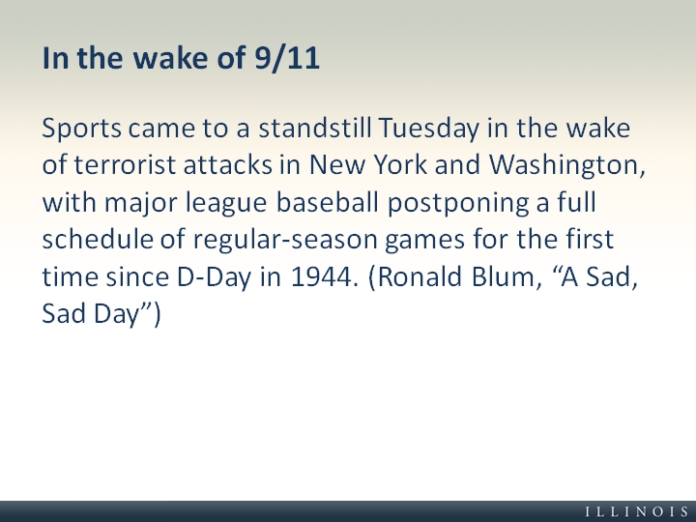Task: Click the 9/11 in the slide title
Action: point(287,58)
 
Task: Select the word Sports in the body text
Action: point(81,129)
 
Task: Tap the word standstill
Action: point(315,128)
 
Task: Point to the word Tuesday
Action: point(429,129)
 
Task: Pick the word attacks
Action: point(228,164)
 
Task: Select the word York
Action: point(400,164)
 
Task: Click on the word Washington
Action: point(566,165)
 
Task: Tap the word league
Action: point(226,203)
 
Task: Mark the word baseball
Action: point(327,202)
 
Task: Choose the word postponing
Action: point(458,203)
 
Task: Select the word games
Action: point(424,241)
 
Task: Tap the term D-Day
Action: point(214,277)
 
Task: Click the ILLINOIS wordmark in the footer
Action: point(637,511)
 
